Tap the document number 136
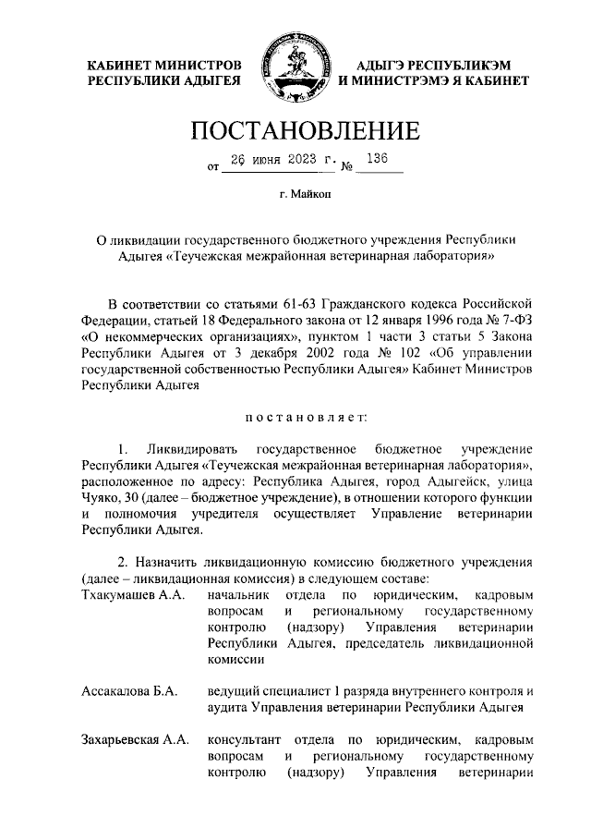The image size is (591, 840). [x=376, y=158]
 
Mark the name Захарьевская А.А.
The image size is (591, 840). [x=135, y=740]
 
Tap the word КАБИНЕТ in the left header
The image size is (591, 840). [x=119, y=65]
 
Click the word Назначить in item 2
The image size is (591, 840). [x=170, y=563]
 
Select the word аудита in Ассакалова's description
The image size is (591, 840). [x=228, y=708]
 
